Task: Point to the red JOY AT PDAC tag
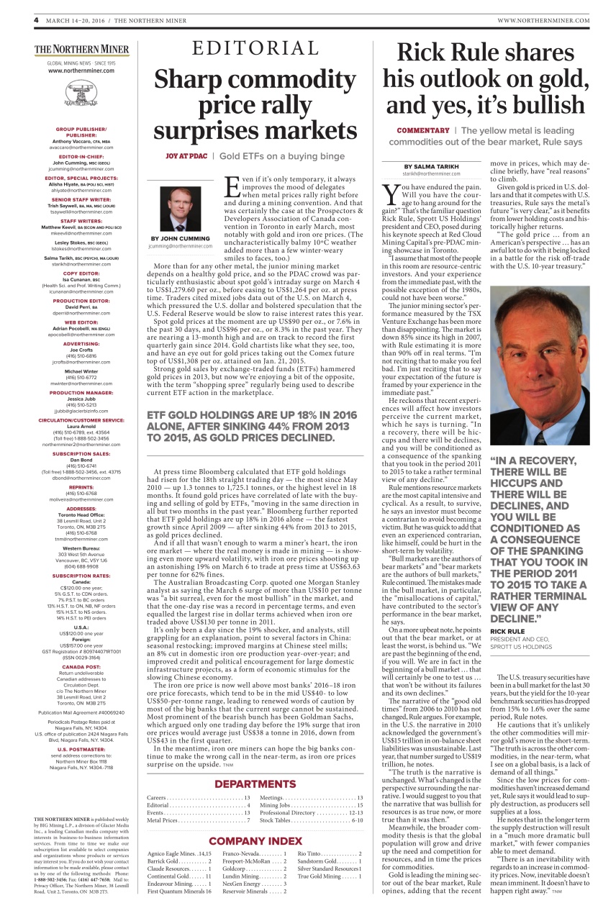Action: [186, 155]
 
